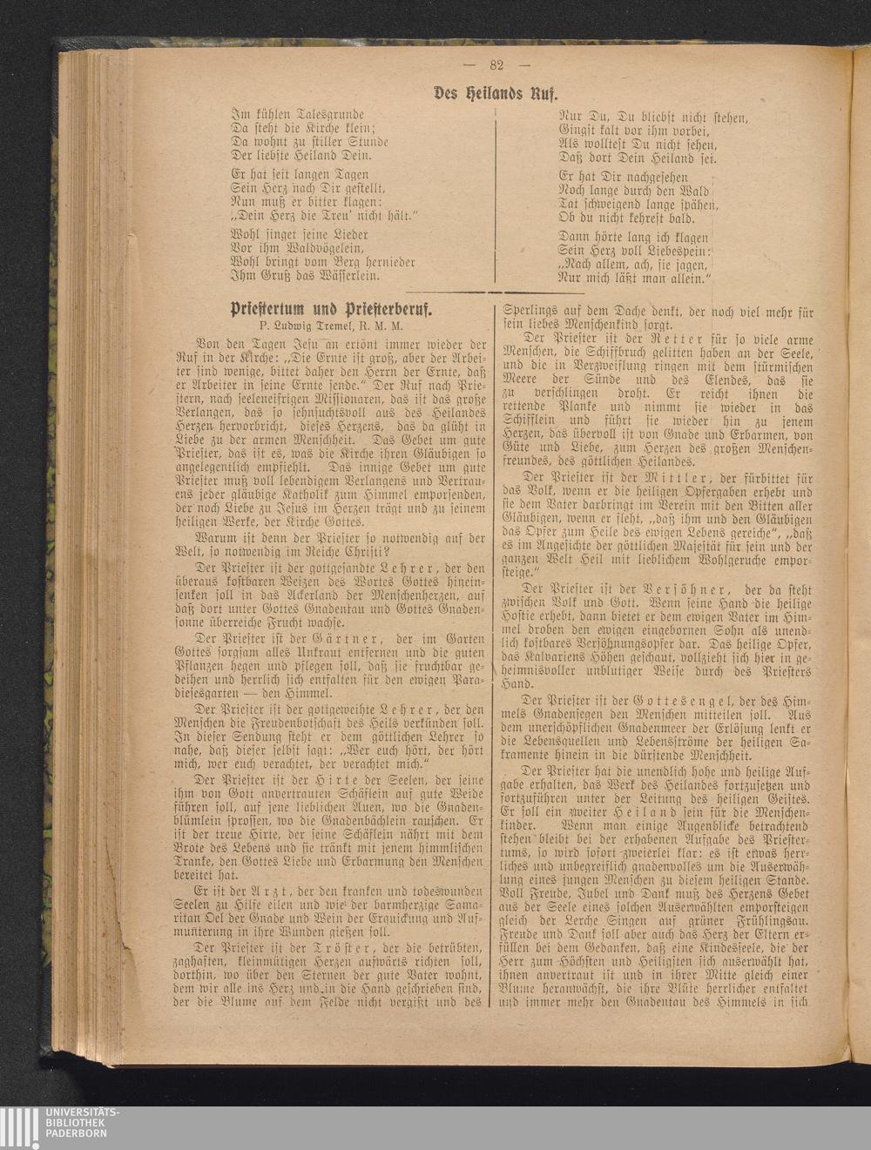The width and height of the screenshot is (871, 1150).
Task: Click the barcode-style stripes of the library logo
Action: pos(18,1122)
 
